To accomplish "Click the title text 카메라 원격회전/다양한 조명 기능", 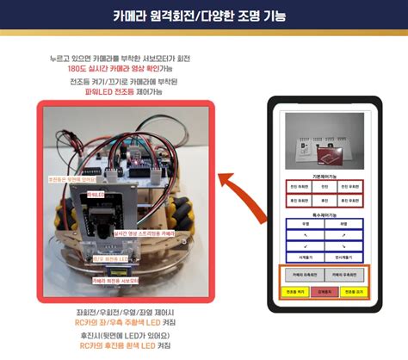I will point(203,16).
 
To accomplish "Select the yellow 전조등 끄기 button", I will point(351,293).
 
